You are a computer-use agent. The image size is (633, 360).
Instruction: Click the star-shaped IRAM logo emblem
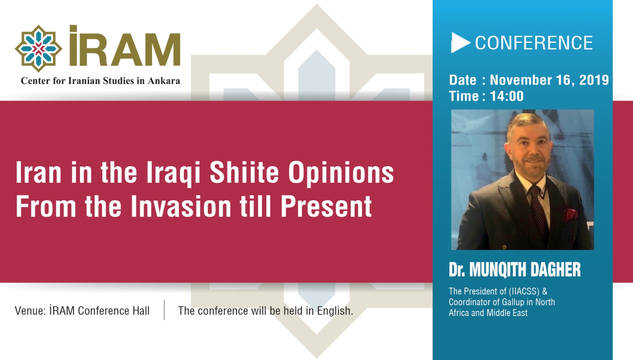coord(38,49)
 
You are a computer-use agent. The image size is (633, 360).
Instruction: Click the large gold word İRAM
coord(125,47)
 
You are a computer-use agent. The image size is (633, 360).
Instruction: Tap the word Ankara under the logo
coord(164,81)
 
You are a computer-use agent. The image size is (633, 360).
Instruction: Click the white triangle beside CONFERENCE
coord(459,43)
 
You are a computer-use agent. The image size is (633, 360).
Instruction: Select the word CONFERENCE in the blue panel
coord(534,43)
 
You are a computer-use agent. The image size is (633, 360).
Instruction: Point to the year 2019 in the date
coord(594,80)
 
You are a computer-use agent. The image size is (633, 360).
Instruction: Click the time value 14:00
coord(506,96)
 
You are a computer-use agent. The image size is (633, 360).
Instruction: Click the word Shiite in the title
coord(244,173)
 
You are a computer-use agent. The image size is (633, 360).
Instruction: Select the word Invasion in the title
coord(181,207)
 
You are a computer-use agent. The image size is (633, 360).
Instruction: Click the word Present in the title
coord(326,207)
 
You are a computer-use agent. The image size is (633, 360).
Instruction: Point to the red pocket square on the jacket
coord(570,214)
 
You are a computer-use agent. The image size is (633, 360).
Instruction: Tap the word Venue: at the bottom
coord(30,311)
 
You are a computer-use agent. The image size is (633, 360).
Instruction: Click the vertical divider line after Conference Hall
coord(164,310)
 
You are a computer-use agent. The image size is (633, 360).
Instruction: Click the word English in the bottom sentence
coord(334,311)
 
